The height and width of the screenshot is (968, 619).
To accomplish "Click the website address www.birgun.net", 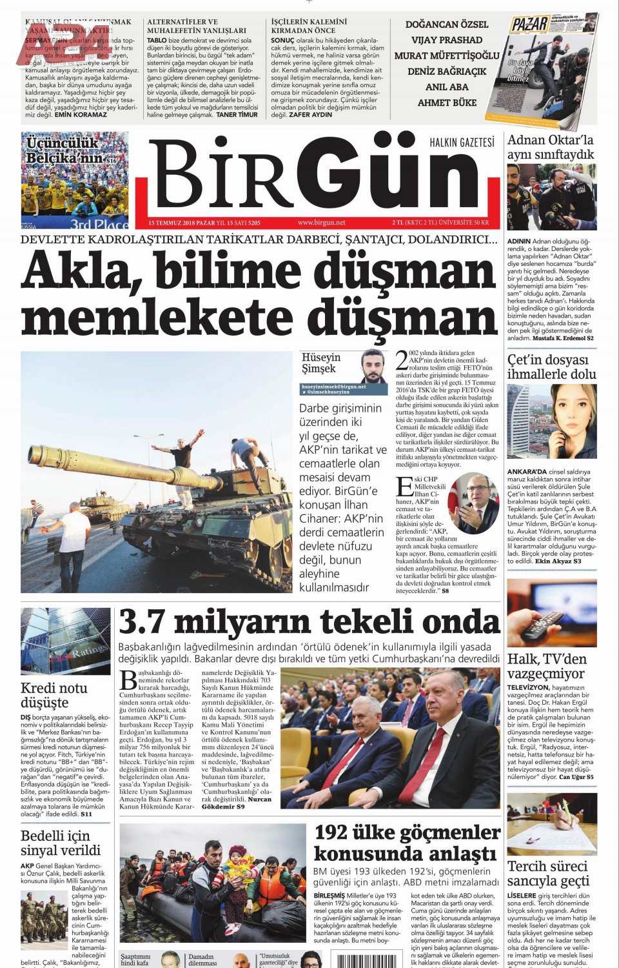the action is [321, 223].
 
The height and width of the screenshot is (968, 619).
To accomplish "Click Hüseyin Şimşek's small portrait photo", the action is [373, 367].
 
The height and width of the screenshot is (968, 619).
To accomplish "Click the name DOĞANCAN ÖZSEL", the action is [446, 25].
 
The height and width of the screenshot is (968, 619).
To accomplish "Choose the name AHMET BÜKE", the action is [446, 103].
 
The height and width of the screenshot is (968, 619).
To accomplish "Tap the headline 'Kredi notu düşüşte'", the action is [54, 695].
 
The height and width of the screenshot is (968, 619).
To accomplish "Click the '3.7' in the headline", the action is [141, 623].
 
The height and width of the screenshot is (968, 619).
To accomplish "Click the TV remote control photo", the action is [551, 614].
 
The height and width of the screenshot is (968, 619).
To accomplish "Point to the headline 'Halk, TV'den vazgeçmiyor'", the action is [546, 666].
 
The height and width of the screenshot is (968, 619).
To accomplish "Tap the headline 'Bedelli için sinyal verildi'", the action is [61, 843].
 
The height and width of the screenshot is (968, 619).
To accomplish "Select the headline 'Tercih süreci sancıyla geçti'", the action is [548, 873].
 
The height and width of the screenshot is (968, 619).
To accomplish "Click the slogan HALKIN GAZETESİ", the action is [462, 142].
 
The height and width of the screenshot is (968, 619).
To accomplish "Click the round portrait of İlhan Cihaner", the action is [473, 503].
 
